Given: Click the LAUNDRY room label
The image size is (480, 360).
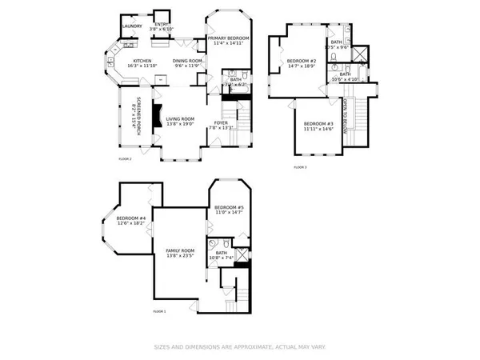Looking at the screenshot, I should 132,26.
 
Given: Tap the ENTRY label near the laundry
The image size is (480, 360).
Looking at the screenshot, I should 162,24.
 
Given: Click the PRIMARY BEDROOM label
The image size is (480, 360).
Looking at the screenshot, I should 228,38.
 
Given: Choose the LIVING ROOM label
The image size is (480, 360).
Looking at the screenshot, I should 180,121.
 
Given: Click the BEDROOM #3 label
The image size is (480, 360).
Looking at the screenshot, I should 318,123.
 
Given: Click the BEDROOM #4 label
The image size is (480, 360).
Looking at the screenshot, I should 130,218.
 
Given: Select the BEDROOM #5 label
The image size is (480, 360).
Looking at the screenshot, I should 228,208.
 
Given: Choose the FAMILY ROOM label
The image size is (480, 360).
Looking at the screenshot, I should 180,251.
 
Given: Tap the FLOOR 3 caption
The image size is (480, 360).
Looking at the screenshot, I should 300,166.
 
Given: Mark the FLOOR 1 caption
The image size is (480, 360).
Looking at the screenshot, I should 158,310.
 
